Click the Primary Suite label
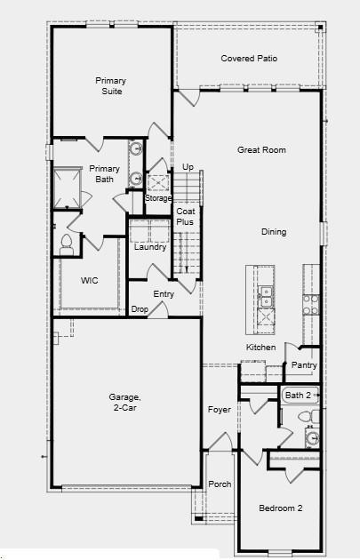111,85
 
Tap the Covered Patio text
249,59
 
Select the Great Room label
261,150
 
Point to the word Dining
274,232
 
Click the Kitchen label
261,347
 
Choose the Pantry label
304,365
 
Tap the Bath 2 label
298,395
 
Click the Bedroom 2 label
281,508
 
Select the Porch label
220,484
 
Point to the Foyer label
219,410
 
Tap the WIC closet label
89,281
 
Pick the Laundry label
150,247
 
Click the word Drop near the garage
140,309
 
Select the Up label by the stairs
188,167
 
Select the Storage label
158,197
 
